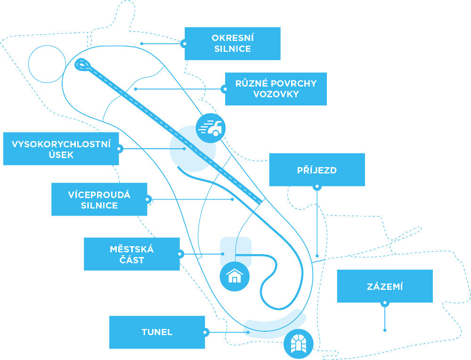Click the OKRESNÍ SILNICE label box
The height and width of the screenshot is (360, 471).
tap(232, 43)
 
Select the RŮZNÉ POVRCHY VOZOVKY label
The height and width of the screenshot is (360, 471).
tap(276, 88)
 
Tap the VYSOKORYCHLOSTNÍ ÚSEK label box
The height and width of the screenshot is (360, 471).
tap(61, 149)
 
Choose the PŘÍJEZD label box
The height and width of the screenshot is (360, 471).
tap(317, 169)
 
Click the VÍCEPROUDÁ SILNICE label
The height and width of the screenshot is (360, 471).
tap(99, 200)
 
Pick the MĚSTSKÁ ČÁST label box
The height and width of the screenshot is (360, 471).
tap(131, 254)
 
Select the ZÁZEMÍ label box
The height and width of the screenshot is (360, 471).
tap(385, 286)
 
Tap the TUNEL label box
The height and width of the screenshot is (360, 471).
tap(157, 332)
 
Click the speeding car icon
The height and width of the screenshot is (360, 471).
tap(211, 128)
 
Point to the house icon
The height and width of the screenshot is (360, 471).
tap(234, 276)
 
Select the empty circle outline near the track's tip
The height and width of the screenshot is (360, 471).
tap(47, 64)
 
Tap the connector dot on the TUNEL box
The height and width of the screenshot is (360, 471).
tap(205, 332)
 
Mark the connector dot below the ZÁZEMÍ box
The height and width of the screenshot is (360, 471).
tap(385, 303)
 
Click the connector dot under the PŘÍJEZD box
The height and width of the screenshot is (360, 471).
tap(317, 186)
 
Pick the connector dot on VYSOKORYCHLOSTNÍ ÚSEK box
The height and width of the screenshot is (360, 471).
tap(119, 149)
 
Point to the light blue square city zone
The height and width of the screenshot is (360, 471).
tap(235, 251)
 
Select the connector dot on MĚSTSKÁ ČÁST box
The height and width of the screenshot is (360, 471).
tap(180, 254)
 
